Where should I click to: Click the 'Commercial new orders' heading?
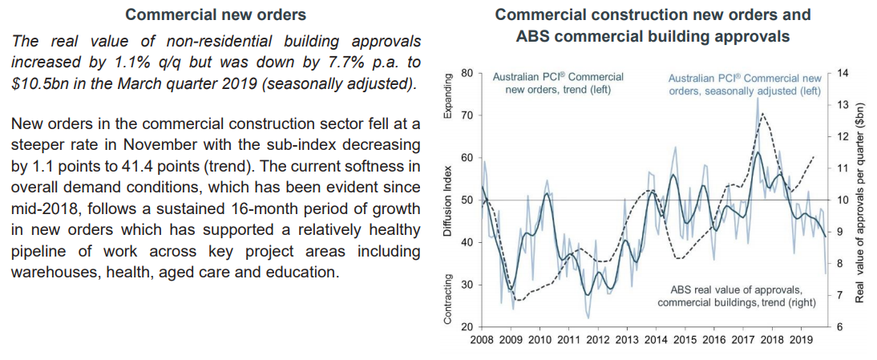point(216,15)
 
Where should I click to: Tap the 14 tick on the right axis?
point(841,73)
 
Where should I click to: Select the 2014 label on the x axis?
point(655,339)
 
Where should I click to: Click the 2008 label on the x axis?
point(481,339)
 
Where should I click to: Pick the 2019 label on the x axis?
point(802,339)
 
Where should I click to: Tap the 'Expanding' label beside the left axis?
point(449,95)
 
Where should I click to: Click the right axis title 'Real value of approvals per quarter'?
point(859,203)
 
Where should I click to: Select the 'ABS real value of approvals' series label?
point(737,289)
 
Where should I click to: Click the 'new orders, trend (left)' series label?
point(558,90)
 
